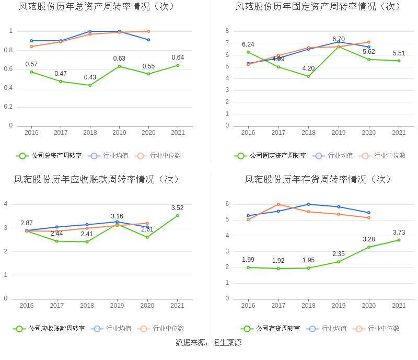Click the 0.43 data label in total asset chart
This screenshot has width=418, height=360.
coord(90,77)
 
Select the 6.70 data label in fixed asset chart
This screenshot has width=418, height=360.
coord(339,39)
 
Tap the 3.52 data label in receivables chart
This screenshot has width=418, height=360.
coord(177,208)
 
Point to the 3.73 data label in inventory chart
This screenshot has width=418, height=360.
coord(399,233)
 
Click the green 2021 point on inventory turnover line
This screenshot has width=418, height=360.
coord(399,240)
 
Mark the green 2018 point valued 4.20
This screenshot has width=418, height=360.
coord(308,76)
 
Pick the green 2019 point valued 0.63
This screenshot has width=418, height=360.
coord(119,66)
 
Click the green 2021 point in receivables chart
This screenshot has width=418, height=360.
coord(177,215)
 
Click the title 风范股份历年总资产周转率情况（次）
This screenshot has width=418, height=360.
coord(97,7)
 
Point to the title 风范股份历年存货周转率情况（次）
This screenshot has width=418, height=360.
coord(318,179)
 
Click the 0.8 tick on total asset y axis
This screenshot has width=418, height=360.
coord(8,50)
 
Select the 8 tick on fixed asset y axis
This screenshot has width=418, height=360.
coord(227,31)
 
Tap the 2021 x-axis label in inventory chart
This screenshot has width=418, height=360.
coord(399,306)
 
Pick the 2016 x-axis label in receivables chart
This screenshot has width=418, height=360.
coord(27,306)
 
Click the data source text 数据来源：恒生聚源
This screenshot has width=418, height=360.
coord(208,343)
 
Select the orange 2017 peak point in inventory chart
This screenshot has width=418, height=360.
coord(278,204)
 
